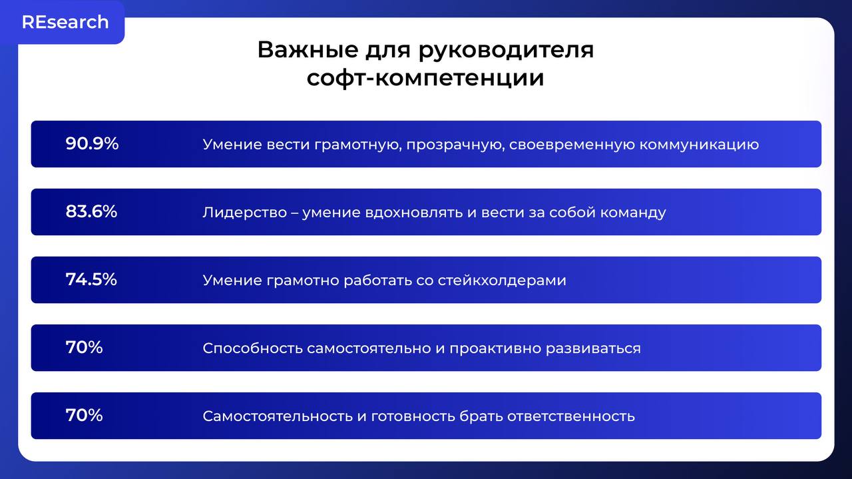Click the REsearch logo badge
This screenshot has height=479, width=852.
point(65,22)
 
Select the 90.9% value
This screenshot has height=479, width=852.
point(92,143)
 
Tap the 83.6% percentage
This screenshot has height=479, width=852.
point(91,211)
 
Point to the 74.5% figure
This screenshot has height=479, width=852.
point(91,279)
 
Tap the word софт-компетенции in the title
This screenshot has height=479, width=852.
point(425,78)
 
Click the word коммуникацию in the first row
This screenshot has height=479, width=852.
point(699,145)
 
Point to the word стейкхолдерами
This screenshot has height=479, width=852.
point(502,280)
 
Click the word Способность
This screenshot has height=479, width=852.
point(252,348)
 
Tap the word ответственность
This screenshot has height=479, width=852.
point(570,416)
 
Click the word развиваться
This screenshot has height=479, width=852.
point(593,348)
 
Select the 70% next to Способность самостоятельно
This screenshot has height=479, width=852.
point(84,347)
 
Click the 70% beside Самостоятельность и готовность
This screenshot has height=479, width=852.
point(84,415)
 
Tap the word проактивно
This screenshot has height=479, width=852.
point(495,348)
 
